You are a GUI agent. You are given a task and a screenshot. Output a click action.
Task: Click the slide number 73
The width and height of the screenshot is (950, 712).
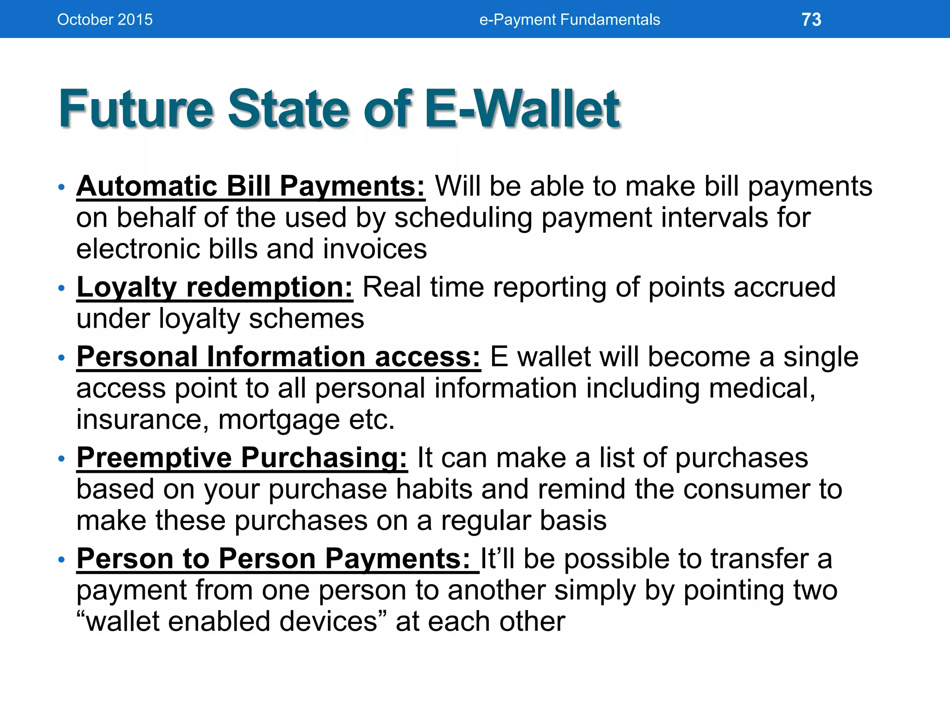[x=811, y=20]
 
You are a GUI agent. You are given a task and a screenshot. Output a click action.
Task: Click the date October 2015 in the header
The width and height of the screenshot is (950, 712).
[x=105, y=20]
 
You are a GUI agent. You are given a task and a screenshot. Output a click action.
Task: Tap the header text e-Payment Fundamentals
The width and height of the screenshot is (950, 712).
[x=569, y=20]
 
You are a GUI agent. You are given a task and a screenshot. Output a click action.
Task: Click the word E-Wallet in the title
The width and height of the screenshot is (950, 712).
[x=522, y=109]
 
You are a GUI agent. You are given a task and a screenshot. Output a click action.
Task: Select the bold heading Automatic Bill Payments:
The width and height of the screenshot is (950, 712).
[x=250, y=186]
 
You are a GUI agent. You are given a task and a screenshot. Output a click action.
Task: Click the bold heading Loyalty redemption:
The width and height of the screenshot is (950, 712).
[x=215, y=287]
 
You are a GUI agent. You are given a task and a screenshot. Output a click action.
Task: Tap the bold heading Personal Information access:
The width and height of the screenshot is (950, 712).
[x=278, y=357]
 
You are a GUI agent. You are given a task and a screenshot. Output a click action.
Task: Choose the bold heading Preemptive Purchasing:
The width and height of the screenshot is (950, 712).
[x=242, y=458]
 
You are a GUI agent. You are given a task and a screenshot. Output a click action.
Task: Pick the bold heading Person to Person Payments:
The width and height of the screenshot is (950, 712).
[x=277, y=559]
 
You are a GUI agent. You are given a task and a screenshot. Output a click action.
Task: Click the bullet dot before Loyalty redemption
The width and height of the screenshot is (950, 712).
[x=61, y=288]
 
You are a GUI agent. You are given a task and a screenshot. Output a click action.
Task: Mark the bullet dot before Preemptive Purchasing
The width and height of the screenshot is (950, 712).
[x=61, y=459]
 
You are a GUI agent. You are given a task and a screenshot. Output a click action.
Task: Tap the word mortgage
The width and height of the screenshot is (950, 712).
[x=279, y=420]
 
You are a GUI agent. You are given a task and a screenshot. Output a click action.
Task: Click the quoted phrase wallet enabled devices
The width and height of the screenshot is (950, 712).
[x=232, y=622]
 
